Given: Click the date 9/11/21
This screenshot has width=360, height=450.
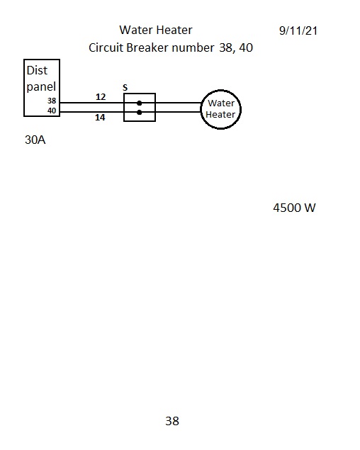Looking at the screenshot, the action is (x=298, y=30).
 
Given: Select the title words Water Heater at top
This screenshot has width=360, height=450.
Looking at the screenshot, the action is (x=156, y=30).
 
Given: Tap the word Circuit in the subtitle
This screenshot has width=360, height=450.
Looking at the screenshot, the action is (x=106, y=47).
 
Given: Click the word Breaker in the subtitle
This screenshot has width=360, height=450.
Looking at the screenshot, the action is (x=147, y=47).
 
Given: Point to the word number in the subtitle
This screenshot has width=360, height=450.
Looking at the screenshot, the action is (x=193, y=47).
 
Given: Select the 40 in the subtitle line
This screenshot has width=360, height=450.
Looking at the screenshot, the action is (x=246, y=47).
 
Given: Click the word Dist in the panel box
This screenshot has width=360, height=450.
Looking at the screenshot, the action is (x=37, y=70).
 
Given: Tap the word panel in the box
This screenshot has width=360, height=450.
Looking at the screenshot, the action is (x=41, y=86).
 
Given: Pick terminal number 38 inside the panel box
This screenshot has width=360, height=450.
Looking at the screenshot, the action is (x=52, y=101).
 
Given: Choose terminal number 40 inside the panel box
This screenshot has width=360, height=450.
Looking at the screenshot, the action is (x=52, y=111).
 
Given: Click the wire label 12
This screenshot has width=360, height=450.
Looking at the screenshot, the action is (x=101, y=96).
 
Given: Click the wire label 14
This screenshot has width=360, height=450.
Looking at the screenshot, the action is (x=100, y=117).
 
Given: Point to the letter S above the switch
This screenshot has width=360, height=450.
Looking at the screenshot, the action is (x=125, y=87).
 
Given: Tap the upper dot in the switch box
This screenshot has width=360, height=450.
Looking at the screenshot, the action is (x=139, y=103).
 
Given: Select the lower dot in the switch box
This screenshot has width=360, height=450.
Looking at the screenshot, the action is (x=139, y=113).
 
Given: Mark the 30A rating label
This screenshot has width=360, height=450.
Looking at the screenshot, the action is (x=35, y=140).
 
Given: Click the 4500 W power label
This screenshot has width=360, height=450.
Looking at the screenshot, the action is (x=294, y=208).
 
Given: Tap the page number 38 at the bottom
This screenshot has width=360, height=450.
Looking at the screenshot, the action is (x=172, y=421).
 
